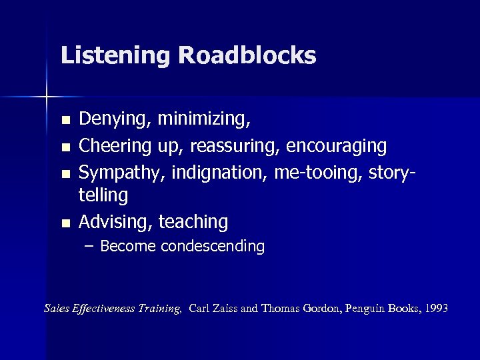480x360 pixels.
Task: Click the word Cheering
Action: (x=116, y=146)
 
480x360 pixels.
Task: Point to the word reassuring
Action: (x=226, y=146)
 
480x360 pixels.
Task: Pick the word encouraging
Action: (x=337, y=146)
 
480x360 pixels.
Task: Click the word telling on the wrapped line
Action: (x=103, y=195)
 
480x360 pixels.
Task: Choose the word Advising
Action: (x=115, y=222)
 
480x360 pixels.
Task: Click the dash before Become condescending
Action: (x=90, y=247)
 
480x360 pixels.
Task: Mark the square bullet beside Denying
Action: (x=65, y=121)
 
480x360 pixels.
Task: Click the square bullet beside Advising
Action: (x=65, y=223)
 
